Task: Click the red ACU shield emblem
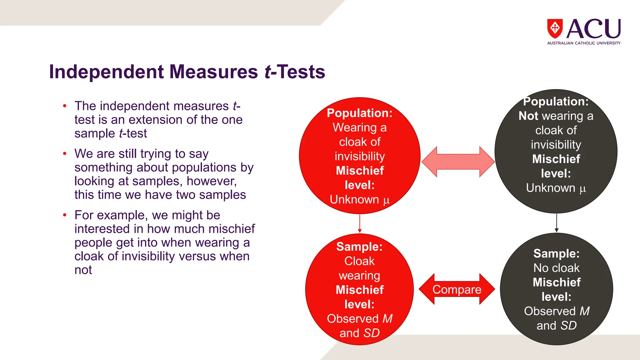tap(555, 28)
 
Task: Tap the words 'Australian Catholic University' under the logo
tap(584, 43)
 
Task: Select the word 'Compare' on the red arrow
tap(457, 290)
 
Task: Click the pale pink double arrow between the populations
tap(458, 162)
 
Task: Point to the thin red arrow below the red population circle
tap(360, 223)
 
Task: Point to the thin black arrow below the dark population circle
tap(557, 223)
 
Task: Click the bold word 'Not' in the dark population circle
tap(528, 116)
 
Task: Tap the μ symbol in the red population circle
tap(387, 200)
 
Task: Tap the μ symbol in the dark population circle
tap(583, 188)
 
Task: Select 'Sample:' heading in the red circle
tap(359, 247)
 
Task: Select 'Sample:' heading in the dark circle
tap(556, 253)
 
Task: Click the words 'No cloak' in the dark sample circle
tap(556, 268)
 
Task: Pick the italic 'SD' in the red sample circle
tap(372, 333)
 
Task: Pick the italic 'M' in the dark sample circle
tap(585, 311)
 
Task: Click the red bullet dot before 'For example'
tap(65, 215)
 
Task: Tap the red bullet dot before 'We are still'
tap(65, 153)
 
